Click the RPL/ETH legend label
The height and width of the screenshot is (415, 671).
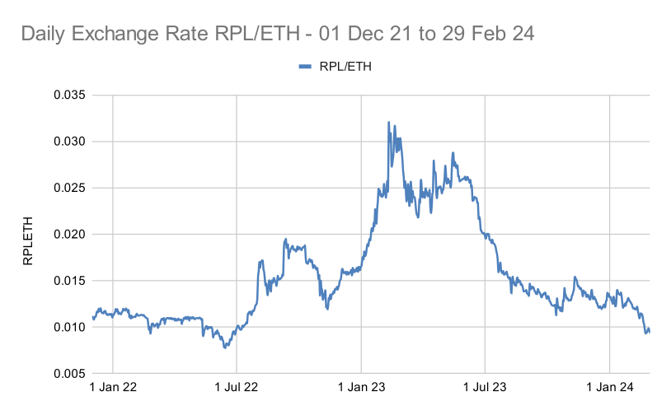(x=345, y=67)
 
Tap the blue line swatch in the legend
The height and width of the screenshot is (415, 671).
(x=305, y=67)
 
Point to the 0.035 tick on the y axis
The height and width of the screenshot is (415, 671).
(x=70, y=95)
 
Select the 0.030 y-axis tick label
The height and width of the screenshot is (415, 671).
(x=70, y=142)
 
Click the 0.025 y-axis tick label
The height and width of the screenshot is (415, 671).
(x=70, y=188)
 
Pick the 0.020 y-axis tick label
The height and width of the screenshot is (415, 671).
(x=70, y=235)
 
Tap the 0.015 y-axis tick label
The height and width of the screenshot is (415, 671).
(x=70, y=281)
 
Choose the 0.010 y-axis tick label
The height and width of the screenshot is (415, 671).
(x=70, y=328)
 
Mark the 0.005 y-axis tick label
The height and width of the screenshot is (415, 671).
(x=70, y=374)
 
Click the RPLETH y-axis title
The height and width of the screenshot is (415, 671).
(x=28, y=235)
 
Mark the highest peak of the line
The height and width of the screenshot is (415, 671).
(x=388, y=123)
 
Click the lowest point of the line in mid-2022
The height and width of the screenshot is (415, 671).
(x=224, y=347)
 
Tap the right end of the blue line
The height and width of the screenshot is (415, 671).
(x=650, y=332)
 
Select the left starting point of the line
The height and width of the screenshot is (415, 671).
(x=93, y=317)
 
